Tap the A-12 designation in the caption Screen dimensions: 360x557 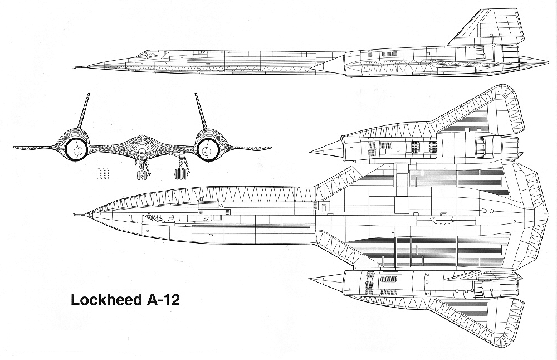point(162,299)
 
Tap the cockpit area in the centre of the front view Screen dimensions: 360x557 point(141,142)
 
